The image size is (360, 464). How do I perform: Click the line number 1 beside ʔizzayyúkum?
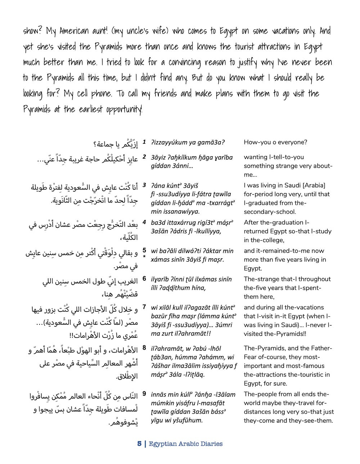144,142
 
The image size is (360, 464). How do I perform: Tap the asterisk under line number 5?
144,256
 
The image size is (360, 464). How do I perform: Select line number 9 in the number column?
144,394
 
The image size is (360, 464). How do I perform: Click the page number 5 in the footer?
139,443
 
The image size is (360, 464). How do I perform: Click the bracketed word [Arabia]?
314,186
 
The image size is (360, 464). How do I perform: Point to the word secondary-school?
270,212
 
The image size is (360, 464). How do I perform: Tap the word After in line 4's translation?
252,222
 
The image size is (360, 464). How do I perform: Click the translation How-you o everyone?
275,142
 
